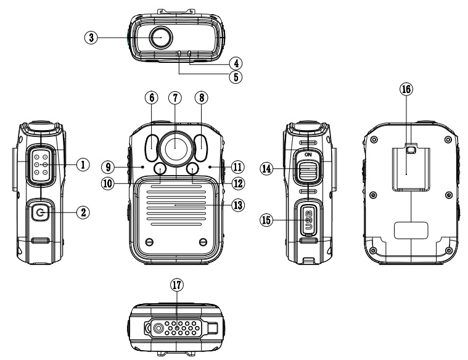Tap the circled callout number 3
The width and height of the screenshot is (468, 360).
click(x=91, y=37)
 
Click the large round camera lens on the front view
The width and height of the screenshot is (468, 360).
click(x=176, y=147)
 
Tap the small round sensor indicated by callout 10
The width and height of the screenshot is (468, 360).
click(x=160, y=170)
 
